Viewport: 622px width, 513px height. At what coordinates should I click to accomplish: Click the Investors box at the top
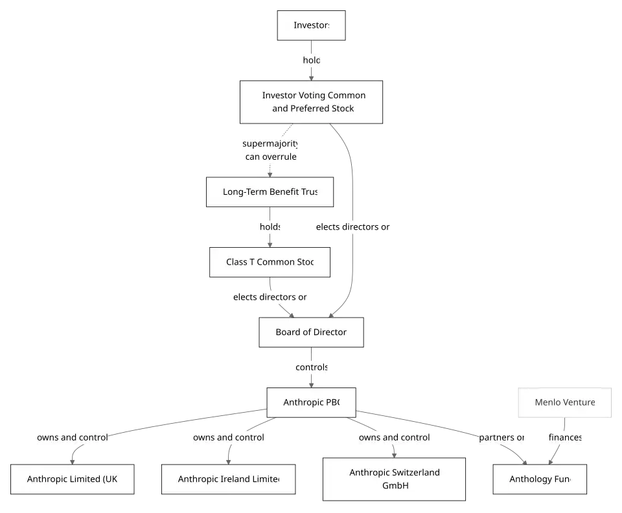[x=312, y=26]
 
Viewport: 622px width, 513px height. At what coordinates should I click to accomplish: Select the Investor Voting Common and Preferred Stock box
[x=310, y=102]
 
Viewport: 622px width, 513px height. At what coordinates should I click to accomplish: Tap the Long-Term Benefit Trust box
[x=270, y=192]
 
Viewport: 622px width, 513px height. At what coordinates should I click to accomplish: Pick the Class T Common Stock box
[x=270, y=262]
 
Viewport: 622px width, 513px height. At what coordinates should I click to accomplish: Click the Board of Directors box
[x=312, y=333]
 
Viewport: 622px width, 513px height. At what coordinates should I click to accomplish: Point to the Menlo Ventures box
[x=564, y=402]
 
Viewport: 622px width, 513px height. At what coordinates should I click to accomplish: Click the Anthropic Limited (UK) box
[x=73, y=479]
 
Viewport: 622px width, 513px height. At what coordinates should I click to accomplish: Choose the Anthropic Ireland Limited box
[x=228, y=479]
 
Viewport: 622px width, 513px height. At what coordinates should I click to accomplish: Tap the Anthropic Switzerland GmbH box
[x=394, y=479]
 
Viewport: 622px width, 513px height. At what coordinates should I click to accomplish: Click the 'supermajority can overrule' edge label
[x=271, y=150]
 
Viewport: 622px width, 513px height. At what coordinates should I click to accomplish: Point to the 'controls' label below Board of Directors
[x=312, y=367]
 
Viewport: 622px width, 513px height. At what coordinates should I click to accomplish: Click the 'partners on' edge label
[x=502, y=437]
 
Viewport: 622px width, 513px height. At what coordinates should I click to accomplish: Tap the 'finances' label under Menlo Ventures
[x=565, y=437]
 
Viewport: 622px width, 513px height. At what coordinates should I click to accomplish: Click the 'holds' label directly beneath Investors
[x=311, y=60]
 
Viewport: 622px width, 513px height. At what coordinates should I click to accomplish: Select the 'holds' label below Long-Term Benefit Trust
[x=270, y=227]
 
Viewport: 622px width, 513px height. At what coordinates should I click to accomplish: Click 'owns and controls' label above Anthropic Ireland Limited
[x=228, y=437]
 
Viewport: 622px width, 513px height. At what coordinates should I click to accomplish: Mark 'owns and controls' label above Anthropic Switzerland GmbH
[x=394, y=437]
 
